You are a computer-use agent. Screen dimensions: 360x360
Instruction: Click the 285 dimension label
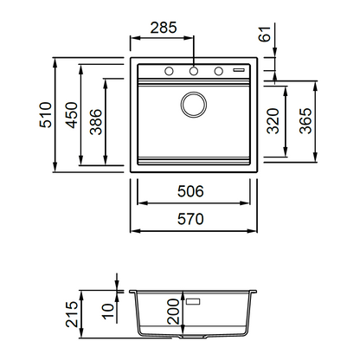click(164, 28)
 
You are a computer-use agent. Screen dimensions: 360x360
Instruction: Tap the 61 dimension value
click(265, 34)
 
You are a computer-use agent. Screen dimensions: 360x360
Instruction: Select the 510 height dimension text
click(46, 115)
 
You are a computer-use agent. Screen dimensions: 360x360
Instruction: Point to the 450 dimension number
click(71, 115)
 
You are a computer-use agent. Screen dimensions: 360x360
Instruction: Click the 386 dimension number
click(96, 122)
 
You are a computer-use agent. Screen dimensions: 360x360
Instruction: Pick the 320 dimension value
click(273, 121)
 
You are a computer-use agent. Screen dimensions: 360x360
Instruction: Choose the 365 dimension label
click(305, 121)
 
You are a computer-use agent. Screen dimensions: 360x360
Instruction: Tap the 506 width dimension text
click(190, 191)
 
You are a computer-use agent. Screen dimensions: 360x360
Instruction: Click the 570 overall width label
click(190, 219)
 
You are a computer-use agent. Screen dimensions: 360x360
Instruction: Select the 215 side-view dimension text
click(72, 314)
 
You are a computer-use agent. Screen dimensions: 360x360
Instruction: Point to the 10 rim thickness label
click(108, 312)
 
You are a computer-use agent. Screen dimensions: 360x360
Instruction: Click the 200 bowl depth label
click(173, 312)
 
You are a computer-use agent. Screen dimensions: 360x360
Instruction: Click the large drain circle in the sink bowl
click(194, 105)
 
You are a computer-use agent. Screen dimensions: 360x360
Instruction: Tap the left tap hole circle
click(169, 71)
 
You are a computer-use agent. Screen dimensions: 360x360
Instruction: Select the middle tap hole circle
click(194, 71)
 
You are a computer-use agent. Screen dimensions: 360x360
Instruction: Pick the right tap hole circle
click(219, 71)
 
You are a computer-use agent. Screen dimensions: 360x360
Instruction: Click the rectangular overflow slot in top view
click(239, 70)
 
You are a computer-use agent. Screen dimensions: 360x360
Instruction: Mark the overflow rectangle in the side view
click(193, 302)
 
